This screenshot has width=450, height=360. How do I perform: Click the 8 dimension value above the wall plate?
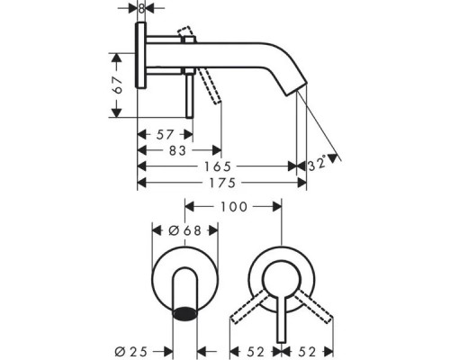pyautogui.click(x=142, y=9)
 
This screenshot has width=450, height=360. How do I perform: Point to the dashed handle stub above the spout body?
pyautogui.click(x=186, y=35)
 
